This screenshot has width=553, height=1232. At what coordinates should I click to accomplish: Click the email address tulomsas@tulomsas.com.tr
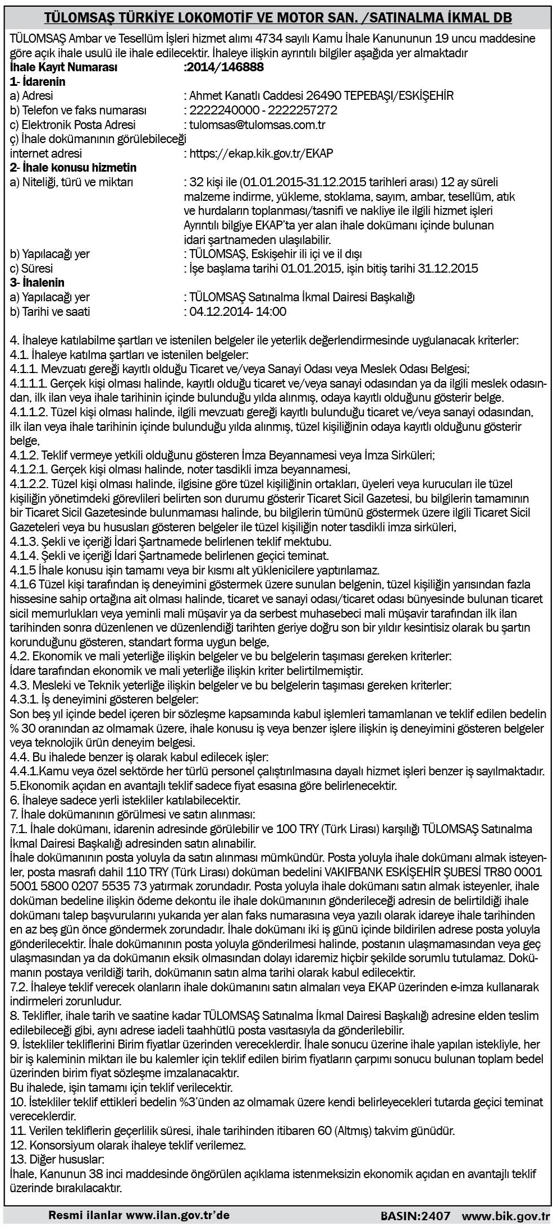coord(258,125)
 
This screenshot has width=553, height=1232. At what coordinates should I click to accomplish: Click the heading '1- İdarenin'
coord(38,81)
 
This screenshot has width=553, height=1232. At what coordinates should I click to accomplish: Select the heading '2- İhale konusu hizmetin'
coord(73,167)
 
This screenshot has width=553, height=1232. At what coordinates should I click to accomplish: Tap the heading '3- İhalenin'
coord(37,282)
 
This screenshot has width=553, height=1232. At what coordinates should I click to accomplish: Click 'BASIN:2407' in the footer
coord(415,1215)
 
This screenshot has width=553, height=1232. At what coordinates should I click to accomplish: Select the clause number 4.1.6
coord(24,585)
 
